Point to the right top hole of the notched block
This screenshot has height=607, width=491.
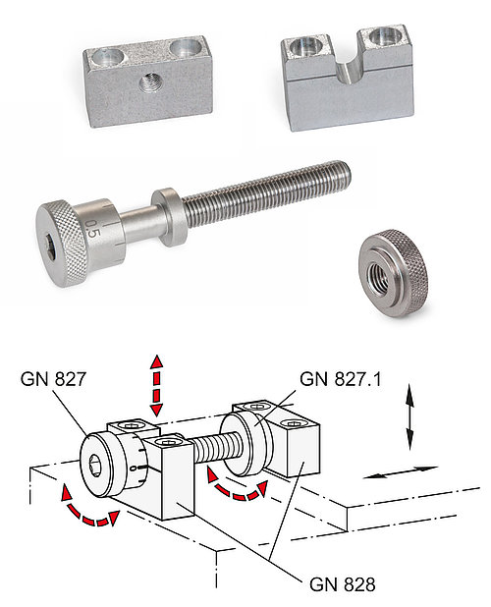pos(380,39)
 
